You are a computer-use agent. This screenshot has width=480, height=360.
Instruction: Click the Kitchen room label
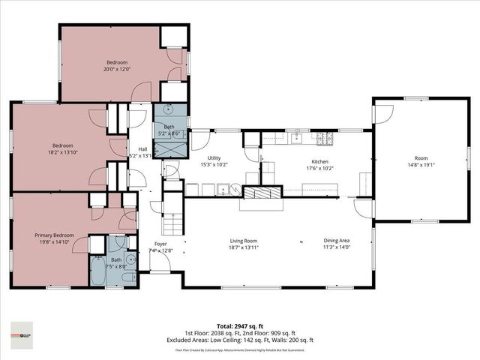(321, 160)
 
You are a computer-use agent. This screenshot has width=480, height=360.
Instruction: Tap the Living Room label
(243, 241)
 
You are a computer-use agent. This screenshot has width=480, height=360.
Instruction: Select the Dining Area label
(336, 241)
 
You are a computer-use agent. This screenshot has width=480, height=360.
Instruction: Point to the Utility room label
(214, 158)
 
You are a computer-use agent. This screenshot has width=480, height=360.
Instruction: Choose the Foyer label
(160, 244)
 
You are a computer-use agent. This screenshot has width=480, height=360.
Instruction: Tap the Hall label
(142, 149)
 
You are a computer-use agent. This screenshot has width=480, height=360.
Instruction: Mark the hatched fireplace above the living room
(259, 193)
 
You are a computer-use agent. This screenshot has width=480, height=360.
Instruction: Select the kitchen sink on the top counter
(298, 137)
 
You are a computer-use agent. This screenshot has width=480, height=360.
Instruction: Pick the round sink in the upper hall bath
(169, 109)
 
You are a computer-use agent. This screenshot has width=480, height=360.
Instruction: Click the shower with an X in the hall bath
(168, 148)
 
